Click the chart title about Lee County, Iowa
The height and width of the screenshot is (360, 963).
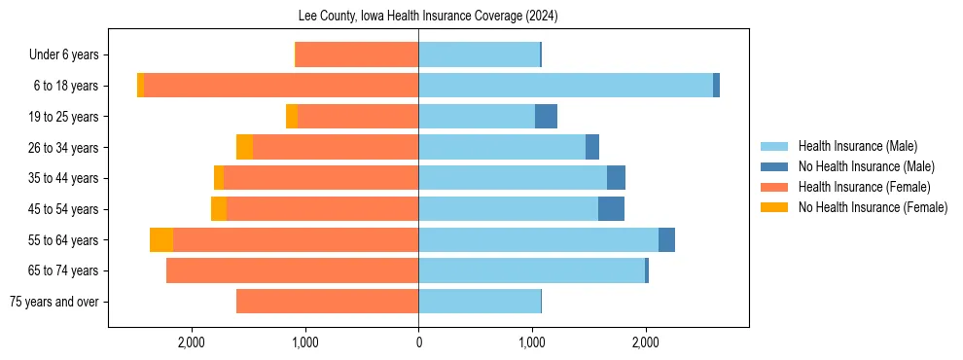coord(427,17)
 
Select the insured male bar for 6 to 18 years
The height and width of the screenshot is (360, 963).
coord(565,86)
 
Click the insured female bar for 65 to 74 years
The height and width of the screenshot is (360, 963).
coord(292,270)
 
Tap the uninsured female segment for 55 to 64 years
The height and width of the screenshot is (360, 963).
coord(161,240)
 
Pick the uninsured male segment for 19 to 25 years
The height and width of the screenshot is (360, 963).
coord(546,117)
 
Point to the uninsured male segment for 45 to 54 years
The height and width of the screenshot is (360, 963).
coord(611,209)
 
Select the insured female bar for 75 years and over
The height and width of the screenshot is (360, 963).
coord(327,302)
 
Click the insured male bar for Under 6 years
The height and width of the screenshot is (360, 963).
coord(479,54)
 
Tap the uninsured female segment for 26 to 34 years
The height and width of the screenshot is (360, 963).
coord(244,147)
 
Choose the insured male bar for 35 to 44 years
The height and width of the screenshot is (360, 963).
coord(513,178)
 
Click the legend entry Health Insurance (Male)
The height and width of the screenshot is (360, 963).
coord(857,146)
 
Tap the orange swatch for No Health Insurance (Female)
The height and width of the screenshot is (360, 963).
coord(774,207)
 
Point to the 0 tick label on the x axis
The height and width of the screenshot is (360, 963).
coord(418,342)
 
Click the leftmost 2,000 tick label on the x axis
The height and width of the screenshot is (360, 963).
coord(192,342)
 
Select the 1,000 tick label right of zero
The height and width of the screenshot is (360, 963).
coord(532,342)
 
